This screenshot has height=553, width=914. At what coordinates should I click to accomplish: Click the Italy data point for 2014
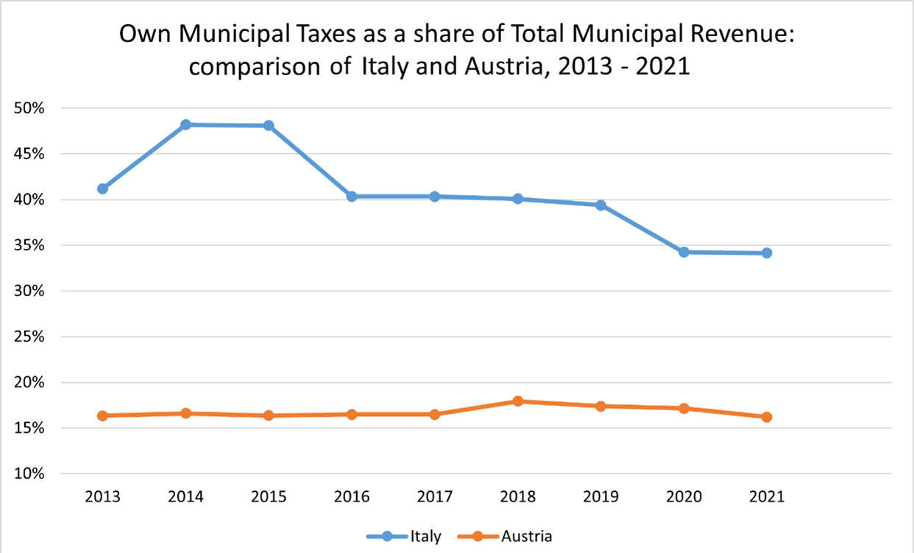pyautogui.click(x=185, y=124)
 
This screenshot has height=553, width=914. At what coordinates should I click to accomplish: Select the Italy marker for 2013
pyautogui.click(x=102, y=189)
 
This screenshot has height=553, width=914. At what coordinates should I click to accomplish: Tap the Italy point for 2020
pyautogui.click(x=684, y=252)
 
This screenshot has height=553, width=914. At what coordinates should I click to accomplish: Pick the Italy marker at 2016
pyautogui.click(x=352, y=197)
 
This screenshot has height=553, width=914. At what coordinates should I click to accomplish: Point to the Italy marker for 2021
pyautogui.click(x=767, y=253)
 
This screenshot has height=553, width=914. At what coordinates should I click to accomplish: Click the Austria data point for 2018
pyautogui.click(x=518, y=401)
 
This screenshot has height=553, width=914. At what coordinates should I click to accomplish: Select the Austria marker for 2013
pyautogui.click(x=102, y=415)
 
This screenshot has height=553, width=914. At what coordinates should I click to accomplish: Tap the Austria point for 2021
pyautogui.click(x=767, y=417)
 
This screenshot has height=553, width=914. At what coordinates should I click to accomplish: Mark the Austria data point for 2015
pyautogui.click(x=269, y=415)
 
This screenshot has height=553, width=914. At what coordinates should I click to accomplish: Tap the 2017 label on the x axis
pyautogui.click(x=435, y=496)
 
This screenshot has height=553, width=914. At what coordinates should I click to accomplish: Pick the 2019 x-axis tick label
pyautogui.click(x=601, y=496)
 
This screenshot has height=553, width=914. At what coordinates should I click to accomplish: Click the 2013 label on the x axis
pyautogui.click(x=102, y=496)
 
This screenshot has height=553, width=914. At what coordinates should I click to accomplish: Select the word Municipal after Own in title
pyautogui.click(x=233, y=35)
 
